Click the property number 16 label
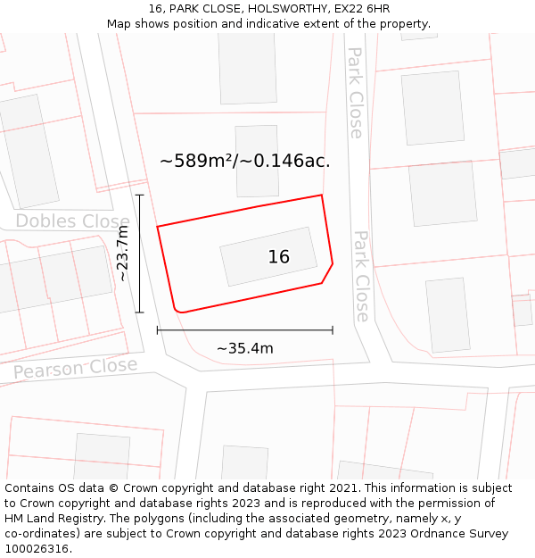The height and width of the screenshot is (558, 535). coord(278,257)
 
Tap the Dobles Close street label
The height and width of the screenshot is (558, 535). coord(72,221)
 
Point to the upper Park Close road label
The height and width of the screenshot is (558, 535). coord(355,93)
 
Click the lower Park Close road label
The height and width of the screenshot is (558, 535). coord(361,276)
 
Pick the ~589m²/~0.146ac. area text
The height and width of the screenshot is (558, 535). coord(245,162)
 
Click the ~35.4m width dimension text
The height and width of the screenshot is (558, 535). coord(245,348)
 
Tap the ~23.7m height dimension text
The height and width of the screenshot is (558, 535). coord(123,254)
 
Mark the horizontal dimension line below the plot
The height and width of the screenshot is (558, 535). coord(245,330)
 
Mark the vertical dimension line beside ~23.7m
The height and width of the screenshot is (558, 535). coord(139,254)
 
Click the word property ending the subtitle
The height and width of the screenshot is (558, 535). coord(404,24)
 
